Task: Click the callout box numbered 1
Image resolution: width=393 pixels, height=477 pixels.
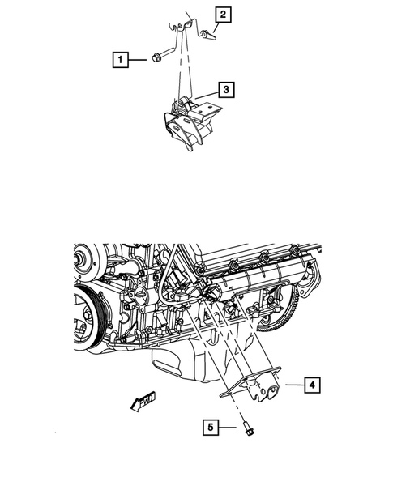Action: (120, 59)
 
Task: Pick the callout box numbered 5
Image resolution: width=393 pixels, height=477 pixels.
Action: (211, 425)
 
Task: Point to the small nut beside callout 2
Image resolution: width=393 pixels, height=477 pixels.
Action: (206, 33)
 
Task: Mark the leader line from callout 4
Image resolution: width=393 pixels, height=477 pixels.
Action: (292, 386)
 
